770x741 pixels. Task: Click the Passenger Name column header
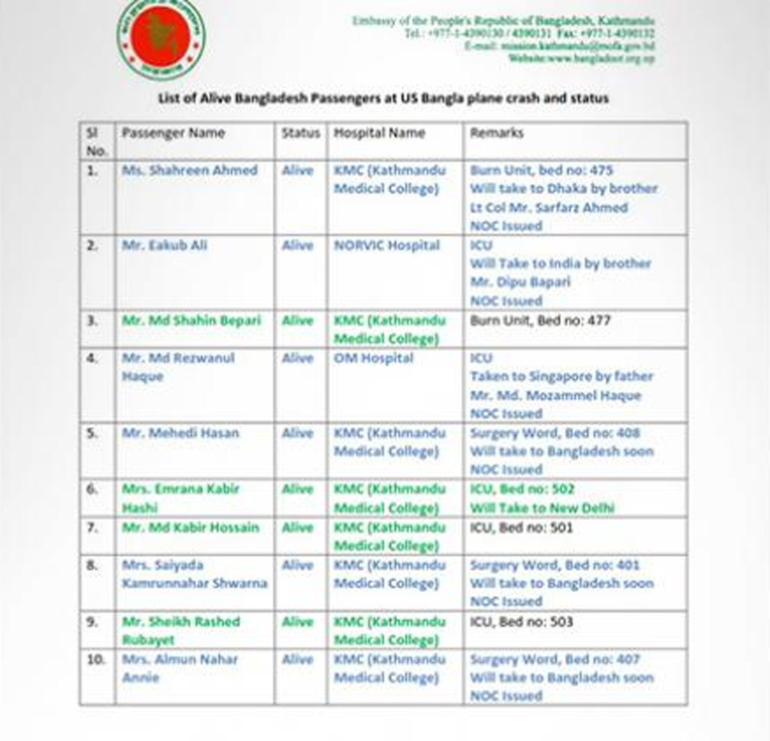coord(173,133)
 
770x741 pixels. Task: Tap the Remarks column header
coord(497,133)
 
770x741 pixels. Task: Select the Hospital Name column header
coord(379,133)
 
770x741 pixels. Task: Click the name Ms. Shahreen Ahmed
coord(190,170)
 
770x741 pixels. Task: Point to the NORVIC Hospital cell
coord(387,245)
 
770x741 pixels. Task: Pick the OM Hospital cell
coord(374,358)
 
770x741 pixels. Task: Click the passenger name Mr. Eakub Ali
coord(164,245)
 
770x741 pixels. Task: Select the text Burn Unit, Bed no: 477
coord(540,321)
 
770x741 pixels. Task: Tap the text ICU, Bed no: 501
coord(521,528)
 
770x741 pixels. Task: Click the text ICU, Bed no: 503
coord(521,622)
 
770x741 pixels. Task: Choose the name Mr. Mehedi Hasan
coord(181,433)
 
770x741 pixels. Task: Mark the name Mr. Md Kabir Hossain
coord(191,528)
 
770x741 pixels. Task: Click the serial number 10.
coord(96,659)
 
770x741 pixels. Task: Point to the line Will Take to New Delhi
coord(542,508)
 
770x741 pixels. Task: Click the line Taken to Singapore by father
coord(562,376)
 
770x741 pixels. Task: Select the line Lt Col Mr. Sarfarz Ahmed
coord(549,208)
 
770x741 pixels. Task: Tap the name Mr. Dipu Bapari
coord(520,282)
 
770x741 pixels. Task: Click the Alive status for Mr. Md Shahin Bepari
coord(298,321)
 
